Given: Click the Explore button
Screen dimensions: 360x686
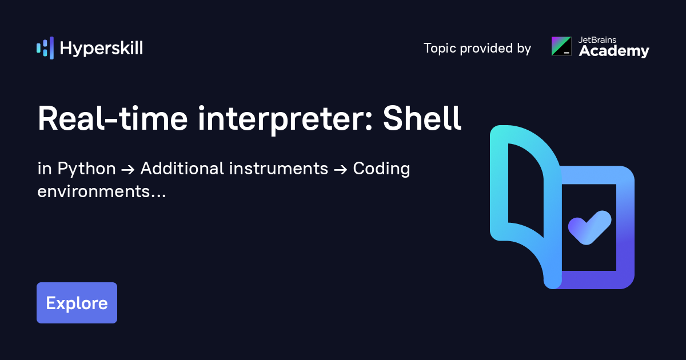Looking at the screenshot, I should (x=77, y=303).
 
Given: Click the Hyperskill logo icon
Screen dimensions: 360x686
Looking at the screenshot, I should (x=45, y=48).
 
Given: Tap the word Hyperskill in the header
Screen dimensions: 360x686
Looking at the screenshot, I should (x=101, y=49).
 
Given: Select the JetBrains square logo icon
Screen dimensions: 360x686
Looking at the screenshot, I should (x=561, y=46).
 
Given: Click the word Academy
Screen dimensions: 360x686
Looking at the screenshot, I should (x=614, y=51).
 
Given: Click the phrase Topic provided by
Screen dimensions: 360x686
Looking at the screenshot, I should (x=477, y=49).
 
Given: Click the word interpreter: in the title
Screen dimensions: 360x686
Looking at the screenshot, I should (x=292, y=119).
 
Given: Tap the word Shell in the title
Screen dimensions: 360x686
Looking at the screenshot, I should (x=422, y=119).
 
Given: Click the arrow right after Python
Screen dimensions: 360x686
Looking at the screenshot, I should (x=127, y=170).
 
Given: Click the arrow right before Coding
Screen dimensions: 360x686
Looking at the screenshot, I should (x=341, y=170).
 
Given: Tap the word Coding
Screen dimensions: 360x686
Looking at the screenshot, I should (x=382, y=169).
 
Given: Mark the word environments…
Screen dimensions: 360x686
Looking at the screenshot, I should (x=102, y=191).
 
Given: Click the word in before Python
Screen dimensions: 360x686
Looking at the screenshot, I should (x=44, y=169).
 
